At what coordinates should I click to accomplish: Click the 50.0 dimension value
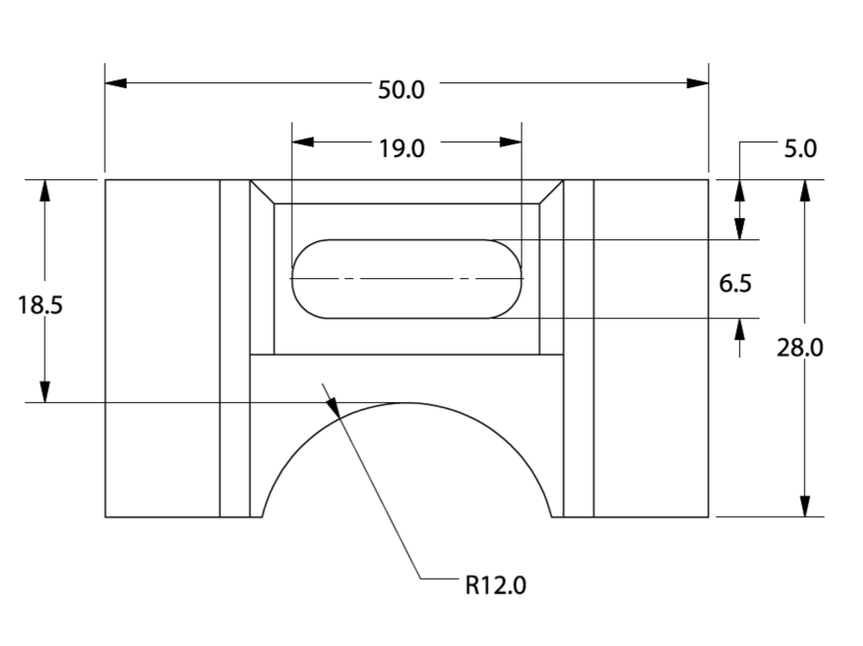coord(401,89)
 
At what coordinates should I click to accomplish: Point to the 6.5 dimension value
coord(735,283)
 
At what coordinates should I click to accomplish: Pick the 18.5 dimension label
coord(40,305)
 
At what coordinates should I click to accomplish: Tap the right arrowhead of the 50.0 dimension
coord(698,83)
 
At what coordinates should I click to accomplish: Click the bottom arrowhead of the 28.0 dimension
coord(804,507)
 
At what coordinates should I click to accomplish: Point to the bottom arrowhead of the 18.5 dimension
coord(44,391)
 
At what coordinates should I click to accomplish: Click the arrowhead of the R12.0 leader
coord(336,410)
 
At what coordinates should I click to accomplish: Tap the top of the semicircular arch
coord(408,403)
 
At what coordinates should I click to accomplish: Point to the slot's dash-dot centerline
coord(407,279)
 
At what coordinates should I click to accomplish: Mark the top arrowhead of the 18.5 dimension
coord(44,191)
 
